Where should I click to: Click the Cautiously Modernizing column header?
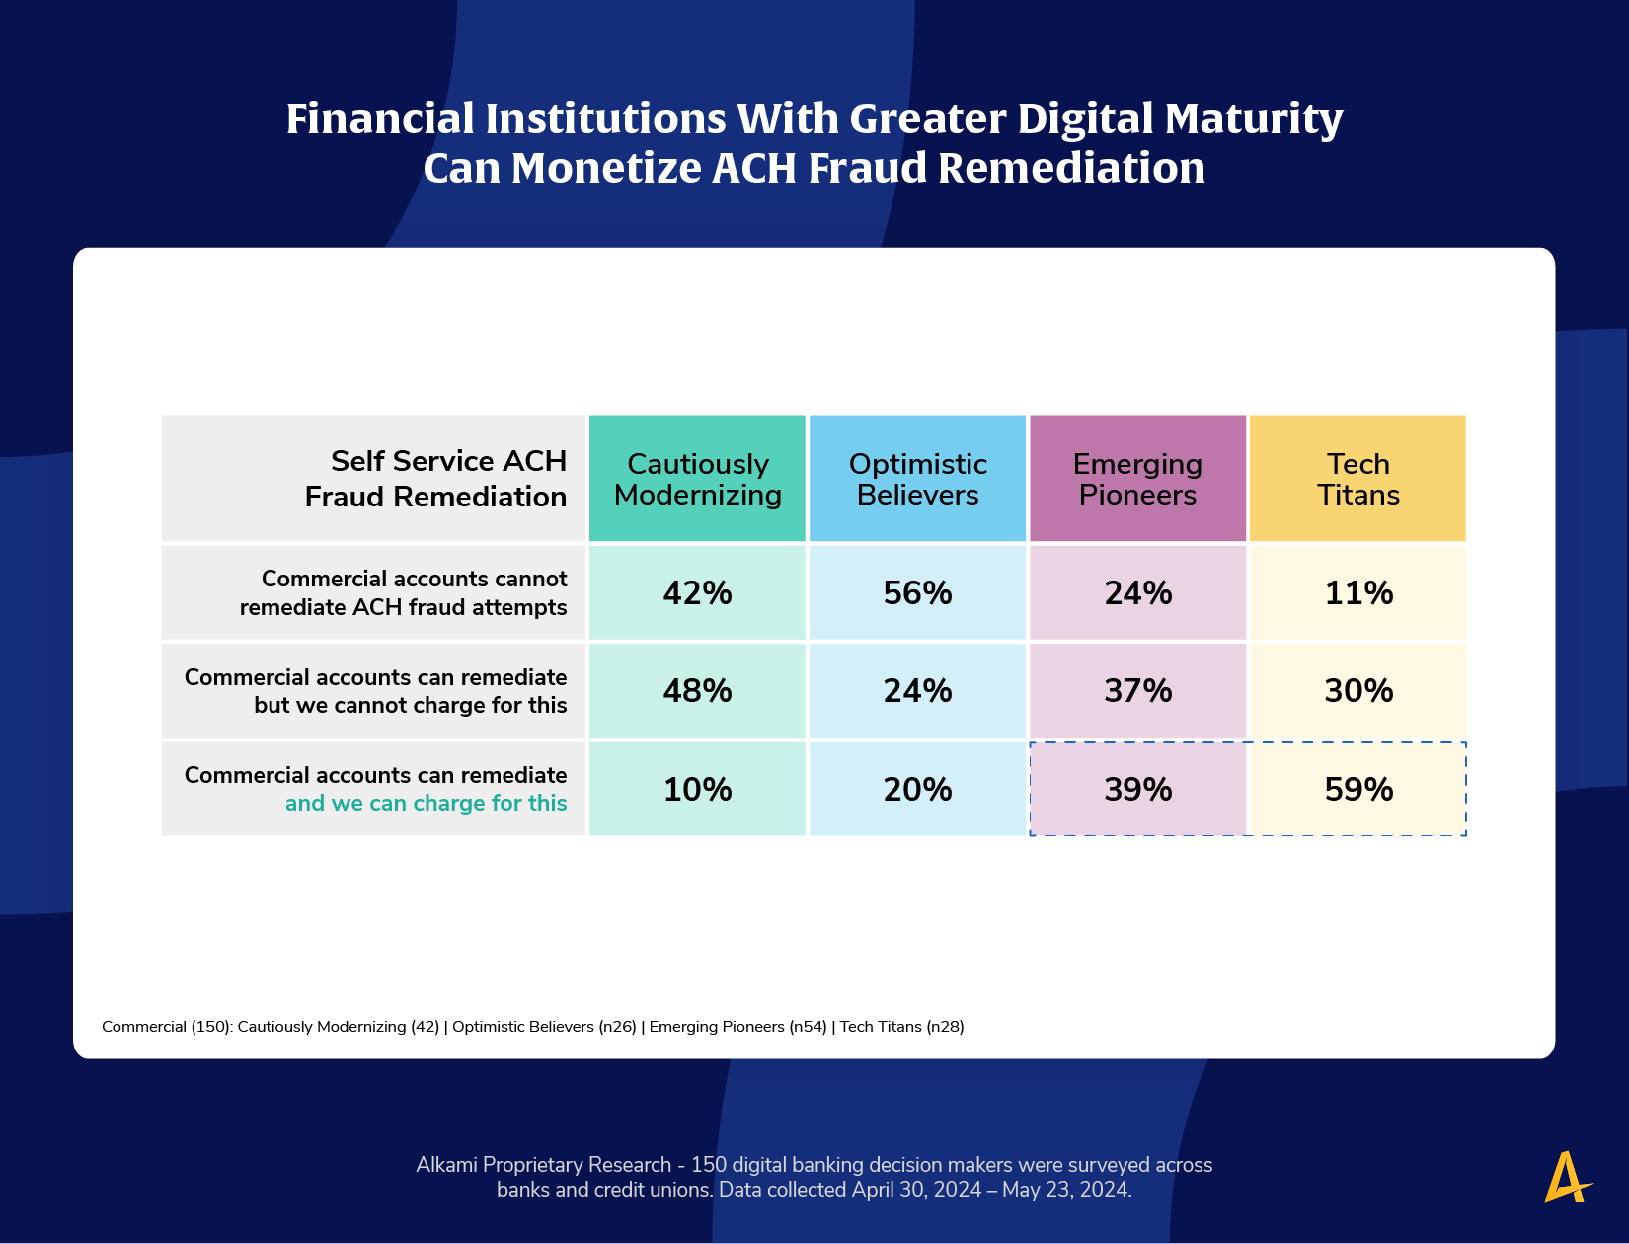point(697,479)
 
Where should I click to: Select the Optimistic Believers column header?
point(917,479)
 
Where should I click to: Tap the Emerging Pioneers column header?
point(1137,479)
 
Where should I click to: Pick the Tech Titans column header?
point(1357,479)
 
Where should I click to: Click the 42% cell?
point(697,592)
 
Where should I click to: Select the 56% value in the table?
point(917,592)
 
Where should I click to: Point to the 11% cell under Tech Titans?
point(1357,592)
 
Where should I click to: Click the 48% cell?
point(697,690)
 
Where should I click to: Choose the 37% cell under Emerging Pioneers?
point(1137,690)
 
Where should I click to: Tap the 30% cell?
point(1357,690)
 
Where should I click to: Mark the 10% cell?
point(697,789)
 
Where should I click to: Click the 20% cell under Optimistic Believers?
point(917,789)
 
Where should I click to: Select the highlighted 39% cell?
point(1137,789)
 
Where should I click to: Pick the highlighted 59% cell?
point(1357,789)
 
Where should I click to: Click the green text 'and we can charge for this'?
point(426,804)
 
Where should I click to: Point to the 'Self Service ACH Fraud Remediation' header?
point(435,479)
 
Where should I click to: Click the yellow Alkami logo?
point(1567,1177)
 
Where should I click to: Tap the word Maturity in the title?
point(1254,119)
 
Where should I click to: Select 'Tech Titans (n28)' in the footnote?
point(901,1027)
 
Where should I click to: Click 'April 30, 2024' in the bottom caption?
point(916,1190)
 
